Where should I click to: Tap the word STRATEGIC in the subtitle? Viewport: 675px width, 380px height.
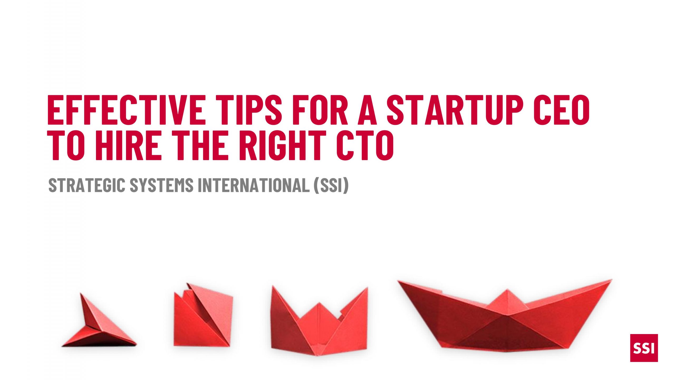(x=87, y=185)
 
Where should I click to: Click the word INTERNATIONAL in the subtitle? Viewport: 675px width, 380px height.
(x=254, y=185)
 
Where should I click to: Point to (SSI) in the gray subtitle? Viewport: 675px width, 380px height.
(x=331, y=185)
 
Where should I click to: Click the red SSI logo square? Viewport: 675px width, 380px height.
(x=644, y=348)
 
